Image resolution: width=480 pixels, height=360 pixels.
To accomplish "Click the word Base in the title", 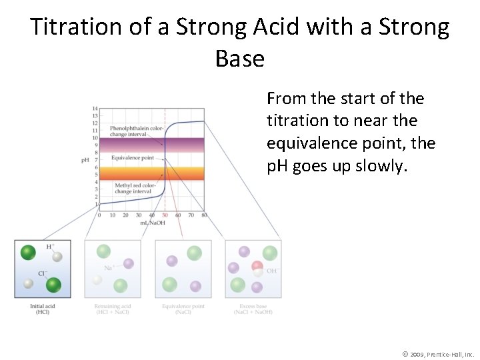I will pyautogui.click(x=240, y=59).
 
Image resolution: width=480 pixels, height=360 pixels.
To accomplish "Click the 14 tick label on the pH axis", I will pyautogui.click(x=95, y=108).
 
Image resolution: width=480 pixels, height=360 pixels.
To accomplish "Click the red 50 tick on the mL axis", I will pyautogui.click(x=165, y=215).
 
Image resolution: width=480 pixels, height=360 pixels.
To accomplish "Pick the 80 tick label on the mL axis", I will pyautogui.click(x=203, y=215).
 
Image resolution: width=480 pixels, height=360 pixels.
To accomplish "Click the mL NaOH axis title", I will pyautogui.click(x=154, y=223).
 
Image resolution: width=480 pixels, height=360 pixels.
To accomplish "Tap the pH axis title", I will pyautogui.click(x=85, y=160).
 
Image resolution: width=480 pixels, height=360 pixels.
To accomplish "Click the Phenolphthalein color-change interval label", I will pyautogui.click(x=136, y=131).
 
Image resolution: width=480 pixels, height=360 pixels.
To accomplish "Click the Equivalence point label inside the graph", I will pyautogui.click(x=132, y=158).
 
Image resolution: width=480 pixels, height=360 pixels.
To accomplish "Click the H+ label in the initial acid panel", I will pyautogui.click(x=50, y=247).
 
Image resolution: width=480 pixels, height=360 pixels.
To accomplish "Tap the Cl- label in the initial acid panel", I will pyautogui.click(x=41, y=273).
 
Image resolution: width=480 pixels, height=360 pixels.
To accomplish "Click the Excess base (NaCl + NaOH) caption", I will pyautogui.click(x=253, y=309).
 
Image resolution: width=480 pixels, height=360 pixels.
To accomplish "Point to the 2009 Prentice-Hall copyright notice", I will pyautogui.click(x=438, y=353).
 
